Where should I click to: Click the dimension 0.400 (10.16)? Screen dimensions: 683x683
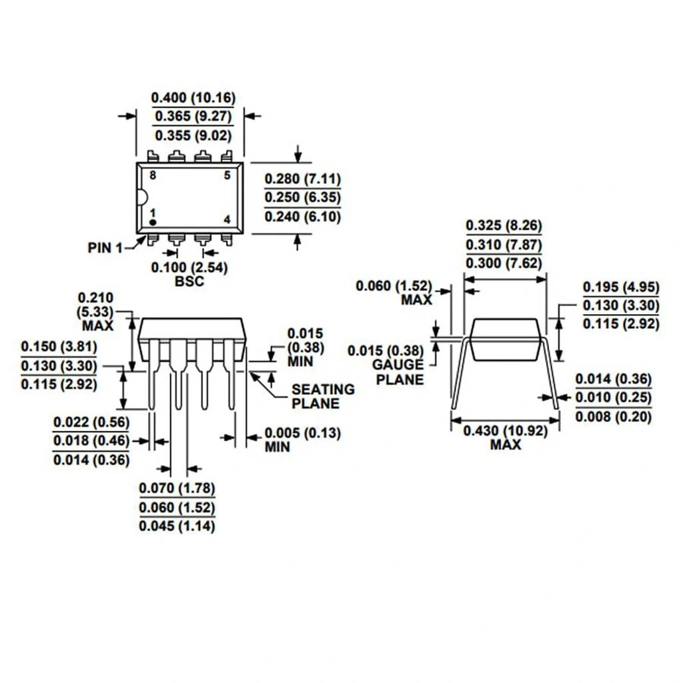click(x=193, y=97)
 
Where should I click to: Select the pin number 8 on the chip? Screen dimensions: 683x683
click(x=153, y=175)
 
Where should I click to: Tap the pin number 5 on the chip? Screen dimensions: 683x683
click(x=227, y=175)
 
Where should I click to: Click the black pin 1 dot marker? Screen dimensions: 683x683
click(x=153, y=223)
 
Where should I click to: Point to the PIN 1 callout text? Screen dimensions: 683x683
click(x=105, y=248)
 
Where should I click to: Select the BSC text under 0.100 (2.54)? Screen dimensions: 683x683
click(x=189, y=281)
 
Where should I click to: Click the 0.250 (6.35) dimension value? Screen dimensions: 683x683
click(x=303, y=197)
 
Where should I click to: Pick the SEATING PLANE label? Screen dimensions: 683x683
click(x=323, y=396)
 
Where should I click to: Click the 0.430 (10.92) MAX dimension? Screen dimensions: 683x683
click(x=506, y=438)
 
